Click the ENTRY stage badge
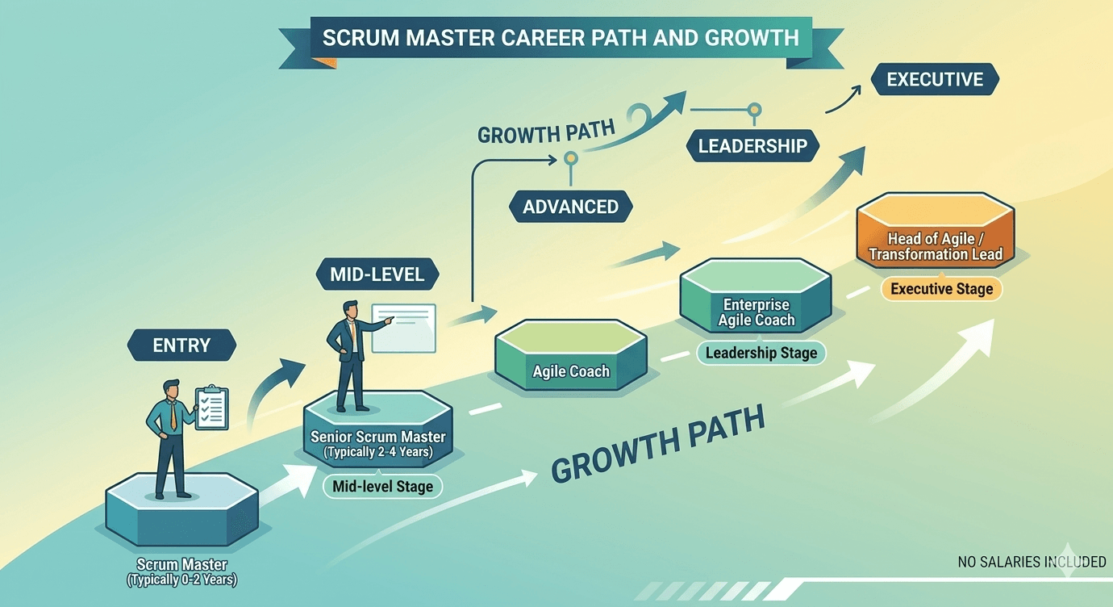click(181, 345)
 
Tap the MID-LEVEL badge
click(377, 274)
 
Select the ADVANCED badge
click(571, 207)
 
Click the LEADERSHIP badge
click(752, 145)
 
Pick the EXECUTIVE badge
click(935, 79)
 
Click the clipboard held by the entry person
click(212, 408)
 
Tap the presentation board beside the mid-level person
click(404, 329)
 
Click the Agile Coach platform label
click(571, 371)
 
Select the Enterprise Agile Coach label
click(757, 312)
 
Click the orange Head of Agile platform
click(936, 231)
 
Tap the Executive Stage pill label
click(941, 289)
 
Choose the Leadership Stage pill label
click(761, 353)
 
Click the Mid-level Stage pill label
click(382, 486)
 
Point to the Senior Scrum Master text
click(378, 437)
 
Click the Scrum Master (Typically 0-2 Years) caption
click(181, 572)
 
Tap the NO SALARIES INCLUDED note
click(1032, 562)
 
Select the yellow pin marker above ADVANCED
click(571, 158)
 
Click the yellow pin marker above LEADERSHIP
click(754, 109)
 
